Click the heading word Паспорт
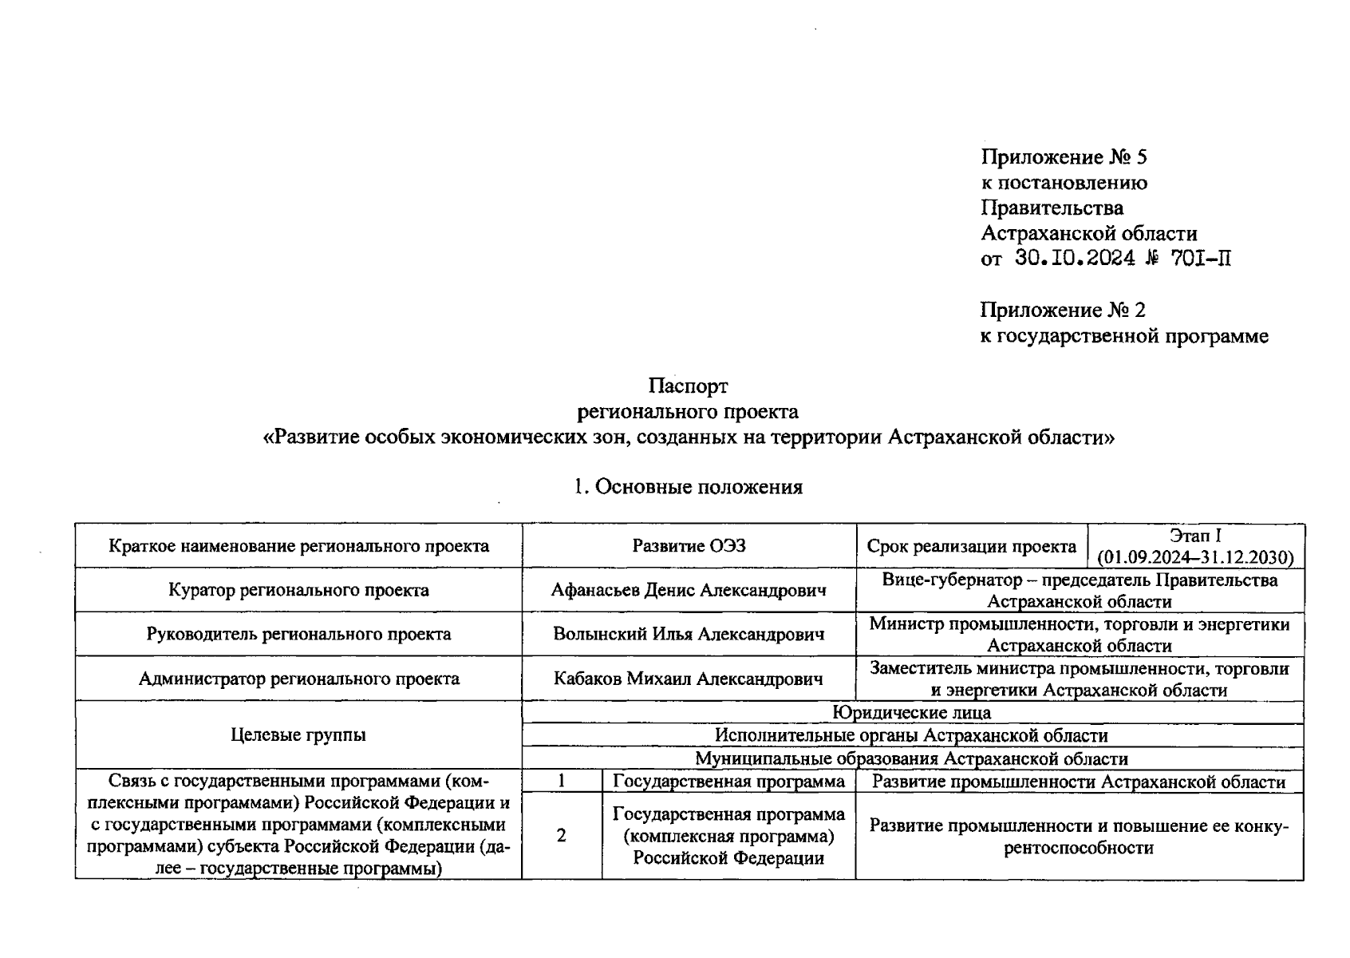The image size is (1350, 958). pos(688,386)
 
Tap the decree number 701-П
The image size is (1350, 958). pos(1201,259)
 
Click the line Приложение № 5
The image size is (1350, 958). pos(1064,157)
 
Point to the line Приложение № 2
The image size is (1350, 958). pos(1063,310)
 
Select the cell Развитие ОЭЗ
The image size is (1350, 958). pos(689,546)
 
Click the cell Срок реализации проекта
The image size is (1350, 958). pos(971,547)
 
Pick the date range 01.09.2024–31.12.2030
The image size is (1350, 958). pos(1195,557)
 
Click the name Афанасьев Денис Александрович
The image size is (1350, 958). pos(689,591)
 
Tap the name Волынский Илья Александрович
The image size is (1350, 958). pos(689,635)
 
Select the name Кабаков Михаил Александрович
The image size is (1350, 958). pos(689,679)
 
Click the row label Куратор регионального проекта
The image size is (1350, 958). pos(298,591)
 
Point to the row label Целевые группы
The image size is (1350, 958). pos(298,734)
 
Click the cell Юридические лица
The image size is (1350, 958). pos(912,712)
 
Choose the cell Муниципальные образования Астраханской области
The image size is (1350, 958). pos(912,758)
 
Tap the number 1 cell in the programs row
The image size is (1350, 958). pos(562,782)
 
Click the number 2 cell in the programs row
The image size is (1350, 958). pos(562,836)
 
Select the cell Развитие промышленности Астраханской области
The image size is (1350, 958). pos(1079,782)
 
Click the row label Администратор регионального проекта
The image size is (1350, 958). pos(298,679)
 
